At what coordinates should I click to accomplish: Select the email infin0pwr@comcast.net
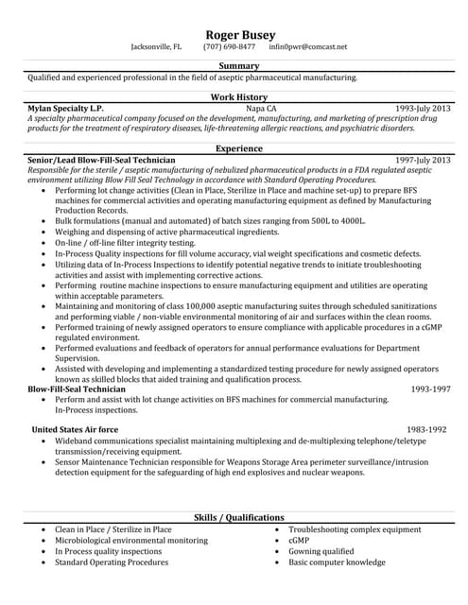pos(308,46)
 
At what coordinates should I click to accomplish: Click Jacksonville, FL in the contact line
pos(156,46)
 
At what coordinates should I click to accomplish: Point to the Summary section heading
pos(238,65)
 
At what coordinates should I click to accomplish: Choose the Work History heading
pos(238,97)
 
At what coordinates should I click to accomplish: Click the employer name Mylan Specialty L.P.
pos(67,109)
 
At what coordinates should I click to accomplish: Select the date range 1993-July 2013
pos(423,109)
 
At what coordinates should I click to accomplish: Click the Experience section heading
pos(238,148)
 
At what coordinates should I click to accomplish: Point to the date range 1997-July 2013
pos(423,161)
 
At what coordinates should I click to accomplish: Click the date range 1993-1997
pos(430,389)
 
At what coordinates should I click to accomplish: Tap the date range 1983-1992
pos(425,428)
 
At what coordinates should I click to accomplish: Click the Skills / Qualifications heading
pos(238,518)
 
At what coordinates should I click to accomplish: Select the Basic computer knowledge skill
pos(337,562)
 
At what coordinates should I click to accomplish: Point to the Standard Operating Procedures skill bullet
pos(113,562)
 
